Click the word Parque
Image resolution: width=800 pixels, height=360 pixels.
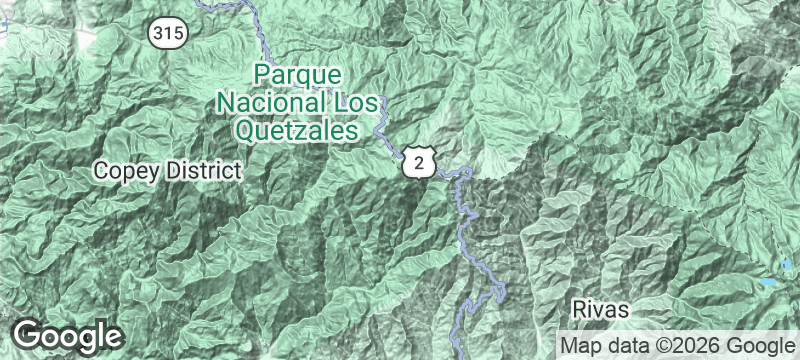(298, 75)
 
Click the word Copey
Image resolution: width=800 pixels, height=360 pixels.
(124, 171)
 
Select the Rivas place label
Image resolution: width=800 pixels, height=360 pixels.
(600, 309)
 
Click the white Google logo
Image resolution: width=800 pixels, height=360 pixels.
(68, 336)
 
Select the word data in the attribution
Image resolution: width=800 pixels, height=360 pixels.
(627, 345)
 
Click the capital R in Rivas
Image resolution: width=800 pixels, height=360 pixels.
(579, 309)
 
